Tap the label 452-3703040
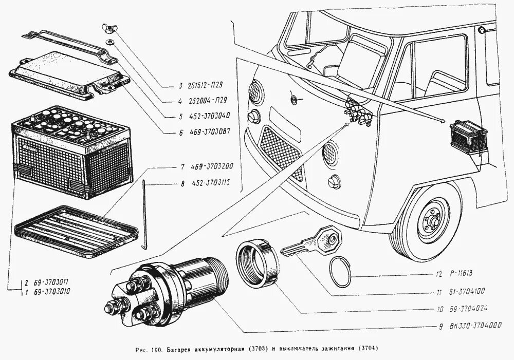pyautogui.click(x=208, y=116)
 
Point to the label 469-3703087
pyautogui.click(x=208, y=132)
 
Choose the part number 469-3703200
pyautogui.click(x=212, y=166)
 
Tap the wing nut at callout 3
pyautogui.click(x=109, y=27)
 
